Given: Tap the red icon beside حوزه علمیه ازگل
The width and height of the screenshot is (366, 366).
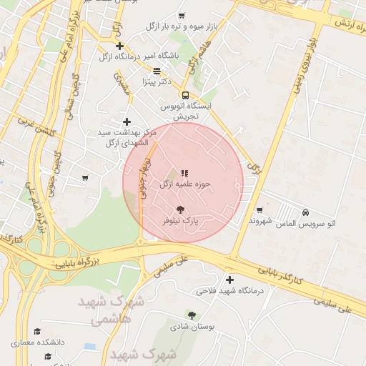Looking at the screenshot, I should [x=184, y=173].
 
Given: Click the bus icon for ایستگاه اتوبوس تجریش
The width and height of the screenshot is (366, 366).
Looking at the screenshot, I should [x=186, y=95].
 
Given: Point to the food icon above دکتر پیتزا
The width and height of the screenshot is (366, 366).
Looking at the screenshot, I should [x=157, y=71].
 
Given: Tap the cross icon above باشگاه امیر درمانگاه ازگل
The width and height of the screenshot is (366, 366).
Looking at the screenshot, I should [x=120, y=46].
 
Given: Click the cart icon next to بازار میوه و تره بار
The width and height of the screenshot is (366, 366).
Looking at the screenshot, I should [x=182, y=15].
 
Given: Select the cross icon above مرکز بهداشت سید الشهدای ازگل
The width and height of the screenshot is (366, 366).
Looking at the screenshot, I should [x=127, y=122].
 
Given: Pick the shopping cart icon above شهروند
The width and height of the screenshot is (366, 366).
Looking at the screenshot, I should [x=259, y=209].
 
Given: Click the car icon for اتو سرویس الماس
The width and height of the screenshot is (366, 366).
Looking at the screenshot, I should [x=306, y=212].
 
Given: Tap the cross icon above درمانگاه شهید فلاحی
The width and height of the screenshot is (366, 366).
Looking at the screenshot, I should [x=229, y=280].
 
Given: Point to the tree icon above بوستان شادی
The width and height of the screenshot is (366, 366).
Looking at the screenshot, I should [x=191, y=315].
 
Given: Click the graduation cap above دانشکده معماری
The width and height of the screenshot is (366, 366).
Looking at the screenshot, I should [x=37, y=332].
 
